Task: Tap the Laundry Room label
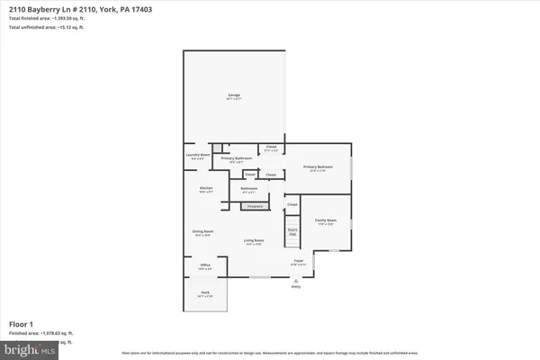click(198, 156)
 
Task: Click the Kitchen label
click(206, 190)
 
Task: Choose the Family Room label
click(325, 221)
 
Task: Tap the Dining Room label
click(202, 233)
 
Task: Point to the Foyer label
click(298, 263)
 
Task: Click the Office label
click(204, 266)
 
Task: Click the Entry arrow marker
click(294, 281)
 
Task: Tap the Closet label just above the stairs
click(292, 205)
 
